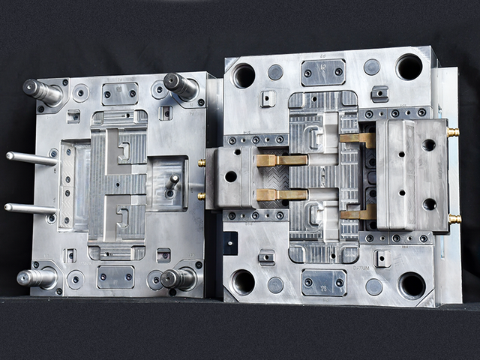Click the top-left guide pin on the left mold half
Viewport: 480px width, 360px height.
[x=42, y=91]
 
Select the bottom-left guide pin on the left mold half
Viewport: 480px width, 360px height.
[x=37, y=277]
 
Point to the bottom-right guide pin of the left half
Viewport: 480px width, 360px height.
[x=178, y=279]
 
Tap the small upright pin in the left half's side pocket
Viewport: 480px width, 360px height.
[x=174, y=181]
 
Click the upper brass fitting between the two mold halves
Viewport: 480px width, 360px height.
[x=201, y=163]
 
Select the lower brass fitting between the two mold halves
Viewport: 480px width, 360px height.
[x=201, y=196]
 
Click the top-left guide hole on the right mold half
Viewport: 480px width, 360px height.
[x=244, y=75]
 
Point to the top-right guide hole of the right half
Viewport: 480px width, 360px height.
[x=409, y=67]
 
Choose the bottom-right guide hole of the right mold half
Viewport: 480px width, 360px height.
[x=412, y=285]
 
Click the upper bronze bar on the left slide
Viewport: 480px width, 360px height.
[x=281, y=160]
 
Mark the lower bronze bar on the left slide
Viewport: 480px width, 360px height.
[x=281, y=195]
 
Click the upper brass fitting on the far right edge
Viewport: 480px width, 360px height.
[x=454, y=132]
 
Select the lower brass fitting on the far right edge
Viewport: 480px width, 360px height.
[x=454, y=219]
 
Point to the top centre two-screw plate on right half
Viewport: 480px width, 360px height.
[x=322, y=72]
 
